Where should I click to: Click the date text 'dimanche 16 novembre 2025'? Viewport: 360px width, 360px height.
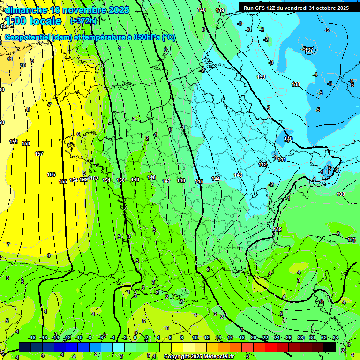(x=67, y=10)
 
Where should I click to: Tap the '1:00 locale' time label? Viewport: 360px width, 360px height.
(x=33, y=21)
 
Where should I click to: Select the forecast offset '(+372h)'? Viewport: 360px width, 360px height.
(x=83, y=21)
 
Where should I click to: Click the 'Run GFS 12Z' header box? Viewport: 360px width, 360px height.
(x=296, y=7)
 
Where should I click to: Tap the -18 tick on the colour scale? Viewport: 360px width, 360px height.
(x=32, y=337)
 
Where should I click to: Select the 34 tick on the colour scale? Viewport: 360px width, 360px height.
(x=335, y=337)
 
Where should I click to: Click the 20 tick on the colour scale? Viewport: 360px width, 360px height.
(x=254, y=337)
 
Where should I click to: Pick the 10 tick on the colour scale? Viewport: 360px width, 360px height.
(x=195, y=337)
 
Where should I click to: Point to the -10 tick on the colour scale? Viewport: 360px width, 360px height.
(x=79, y=337)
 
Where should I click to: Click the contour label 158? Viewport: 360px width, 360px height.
(x=26, y=143)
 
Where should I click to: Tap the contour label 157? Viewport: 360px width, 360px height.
(x=39, y=154)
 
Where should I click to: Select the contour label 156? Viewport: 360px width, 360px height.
(x=51, y=174)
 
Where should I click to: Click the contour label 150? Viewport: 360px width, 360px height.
(x=120, y=180)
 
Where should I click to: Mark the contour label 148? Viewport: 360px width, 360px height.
(x=151, y=177)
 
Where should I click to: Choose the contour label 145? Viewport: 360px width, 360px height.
(x=199, y=181)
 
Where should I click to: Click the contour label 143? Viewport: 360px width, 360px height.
(x=238, y=175)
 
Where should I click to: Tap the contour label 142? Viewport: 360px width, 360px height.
(x=262, y=165)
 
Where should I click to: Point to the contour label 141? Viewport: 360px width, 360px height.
(x=282, y=159)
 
